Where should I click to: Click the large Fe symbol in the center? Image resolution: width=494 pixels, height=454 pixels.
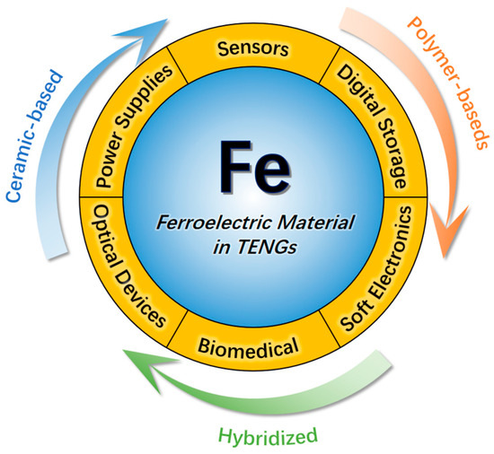pos(254,166)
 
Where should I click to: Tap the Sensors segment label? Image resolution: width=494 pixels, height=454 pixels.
pos(253,48)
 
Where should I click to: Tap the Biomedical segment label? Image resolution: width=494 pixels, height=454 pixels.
pos(248,346)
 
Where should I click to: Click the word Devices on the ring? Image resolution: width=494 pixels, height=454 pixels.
pos(140,298)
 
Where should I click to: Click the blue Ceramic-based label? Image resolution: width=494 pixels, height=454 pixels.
pos(34,136)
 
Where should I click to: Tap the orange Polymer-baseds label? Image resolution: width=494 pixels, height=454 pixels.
pos(448,83)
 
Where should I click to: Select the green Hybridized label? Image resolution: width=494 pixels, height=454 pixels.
pos(268,436)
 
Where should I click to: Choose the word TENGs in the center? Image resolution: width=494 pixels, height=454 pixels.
pos(267,247)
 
